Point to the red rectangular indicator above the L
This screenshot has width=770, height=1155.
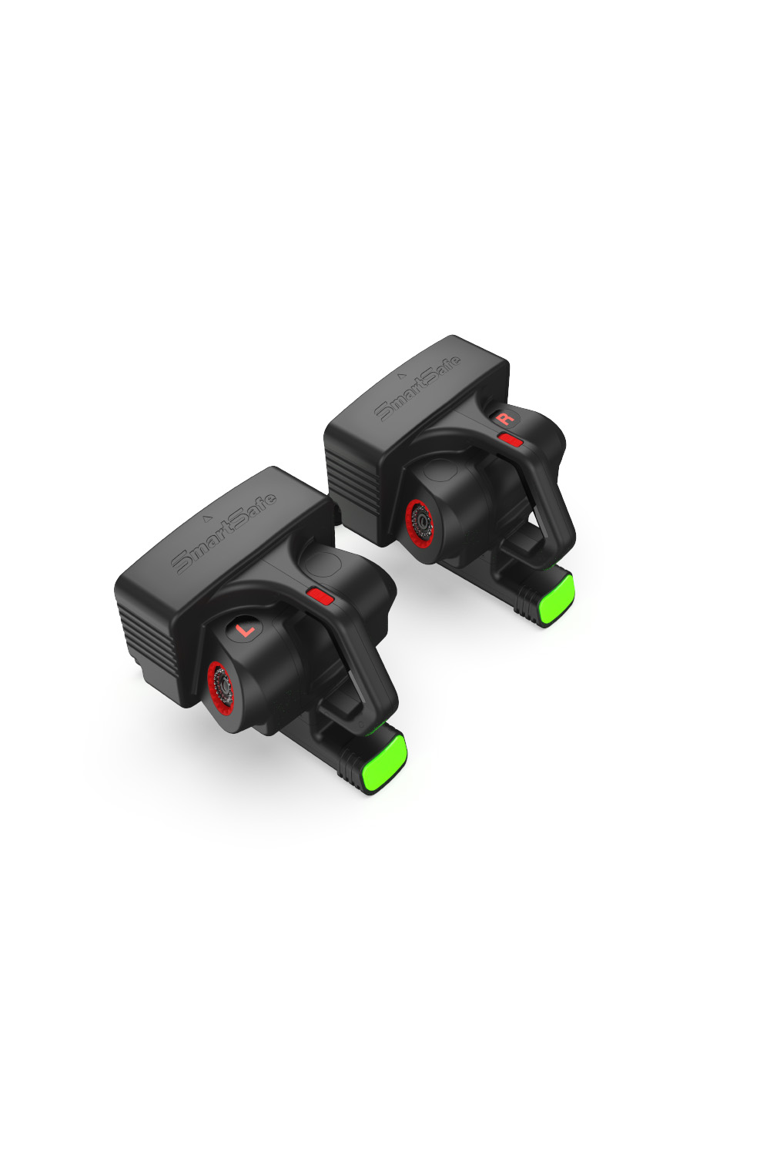click(x=320, y=597)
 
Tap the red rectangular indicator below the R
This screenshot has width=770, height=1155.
click(x=510, y=440)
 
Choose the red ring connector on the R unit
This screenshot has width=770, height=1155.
click(x=419, y=527)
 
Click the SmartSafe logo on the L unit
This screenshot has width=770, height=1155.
click(x=223, y=534)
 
